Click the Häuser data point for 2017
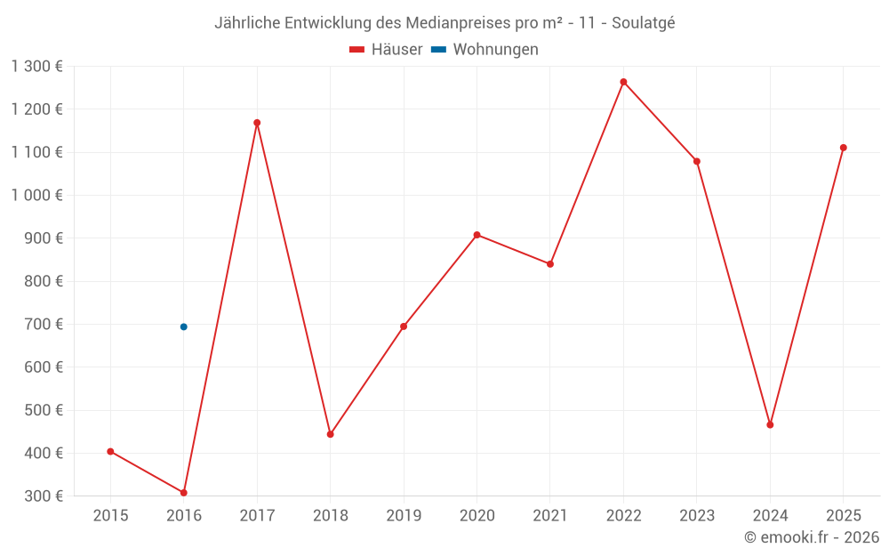point(257,123)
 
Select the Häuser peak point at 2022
point(623,82)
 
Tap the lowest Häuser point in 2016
point(184,492)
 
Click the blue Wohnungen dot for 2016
point(184,326)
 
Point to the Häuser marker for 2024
point(770,424)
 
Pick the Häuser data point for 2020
point(477,235)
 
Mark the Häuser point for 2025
point(843,148)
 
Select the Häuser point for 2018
point(330,434)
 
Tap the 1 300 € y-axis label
point(37,67)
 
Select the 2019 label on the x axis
point(404,516)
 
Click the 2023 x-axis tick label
point(696,516)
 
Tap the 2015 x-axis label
point(110,516)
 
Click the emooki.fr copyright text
point(812,537)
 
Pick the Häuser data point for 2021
point(550,264)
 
